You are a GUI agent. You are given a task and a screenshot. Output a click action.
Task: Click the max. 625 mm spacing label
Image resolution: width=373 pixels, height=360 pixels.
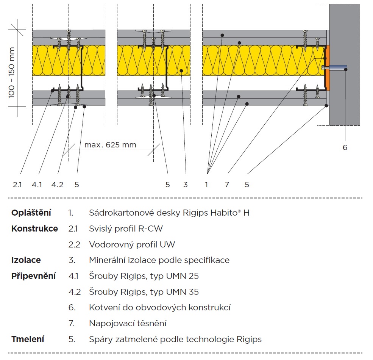110,145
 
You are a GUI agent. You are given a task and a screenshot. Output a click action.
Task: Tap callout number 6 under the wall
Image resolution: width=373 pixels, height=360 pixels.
345,147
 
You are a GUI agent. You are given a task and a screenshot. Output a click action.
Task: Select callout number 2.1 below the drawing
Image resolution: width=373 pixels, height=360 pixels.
17,185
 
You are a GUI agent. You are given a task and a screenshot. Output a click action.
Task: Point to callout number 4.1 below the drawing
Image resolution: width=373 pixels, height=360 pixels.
37,185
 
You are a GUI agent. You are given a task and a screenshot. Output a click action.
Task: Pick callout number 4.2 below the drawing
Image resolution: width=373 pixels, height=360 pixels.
57,185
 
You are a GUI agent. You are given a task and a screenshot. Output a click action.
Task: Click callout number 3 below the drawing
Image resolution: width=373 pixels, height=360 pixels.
185,185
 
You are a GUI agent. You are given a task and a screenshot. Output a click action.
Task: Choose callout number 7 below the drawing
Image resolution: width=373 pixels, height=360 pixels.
227,185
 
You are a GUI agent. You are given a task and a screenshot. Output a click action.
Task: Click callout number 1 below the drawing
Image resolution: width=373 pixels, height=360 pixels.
206,185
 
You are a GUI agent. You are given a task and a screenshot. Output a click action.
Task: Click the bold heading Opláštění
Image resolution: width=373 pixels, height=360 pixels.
31,213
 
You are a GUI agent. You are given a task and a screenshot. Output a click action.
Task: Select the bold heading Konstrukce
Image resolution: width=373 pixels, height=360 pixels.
34,229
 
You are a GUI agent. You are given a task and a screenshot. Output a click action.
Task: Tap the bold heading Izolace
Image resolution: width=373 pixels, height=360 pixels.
26,260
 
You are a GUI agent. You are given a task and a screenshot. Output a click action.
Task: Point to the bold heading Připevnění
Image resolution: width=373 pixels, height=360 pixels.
33,276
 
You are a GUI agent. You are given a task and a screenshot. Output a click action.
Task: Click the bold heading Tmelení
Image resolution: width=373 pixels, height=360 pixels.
28,339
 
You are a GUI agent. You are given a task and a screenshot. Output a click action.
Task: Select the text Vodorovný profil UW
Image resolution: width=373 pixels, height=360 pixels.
132,244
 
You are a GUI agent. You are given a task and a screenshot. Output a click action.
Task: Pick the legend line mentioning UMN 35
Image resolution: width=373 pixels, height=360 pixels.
144,292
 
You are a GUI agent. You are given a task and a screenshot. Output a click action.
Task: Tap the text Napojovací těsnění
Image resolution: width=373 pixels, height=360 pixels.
128,323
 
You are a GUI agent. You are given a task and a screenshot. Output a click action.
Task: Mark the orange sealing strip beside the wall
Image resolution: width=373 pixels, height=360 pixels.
328,68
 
